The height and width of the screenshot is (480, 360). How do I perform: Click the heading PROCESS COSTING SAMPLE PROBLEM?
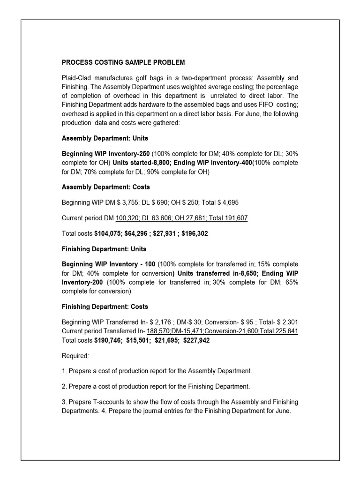tap(123, 62)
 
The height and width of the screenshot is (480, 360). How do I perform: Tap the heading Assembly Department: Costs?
tap(106, 187)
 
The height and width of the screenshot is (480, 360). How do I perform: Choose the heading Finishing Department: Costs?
tap(105, 307)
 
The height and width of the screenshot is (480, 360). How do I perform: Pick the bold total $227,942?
tap(191, 340)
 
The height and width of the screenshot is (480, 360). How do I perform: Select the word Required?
tap(75, 356)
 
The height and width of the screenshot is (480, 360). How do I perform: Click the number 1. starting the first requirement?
tap(64, 371)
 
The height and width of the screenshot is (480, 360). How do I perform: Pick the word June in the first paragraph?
tap(247, 114)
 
